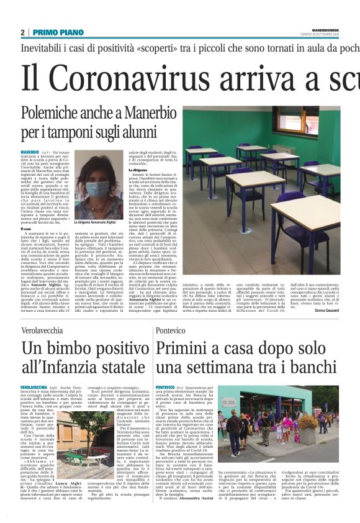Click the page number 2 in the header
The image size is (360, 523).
23,32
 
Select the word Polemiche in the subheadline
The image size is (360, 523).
56,114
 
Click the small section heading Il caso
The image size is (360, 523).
27,229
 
